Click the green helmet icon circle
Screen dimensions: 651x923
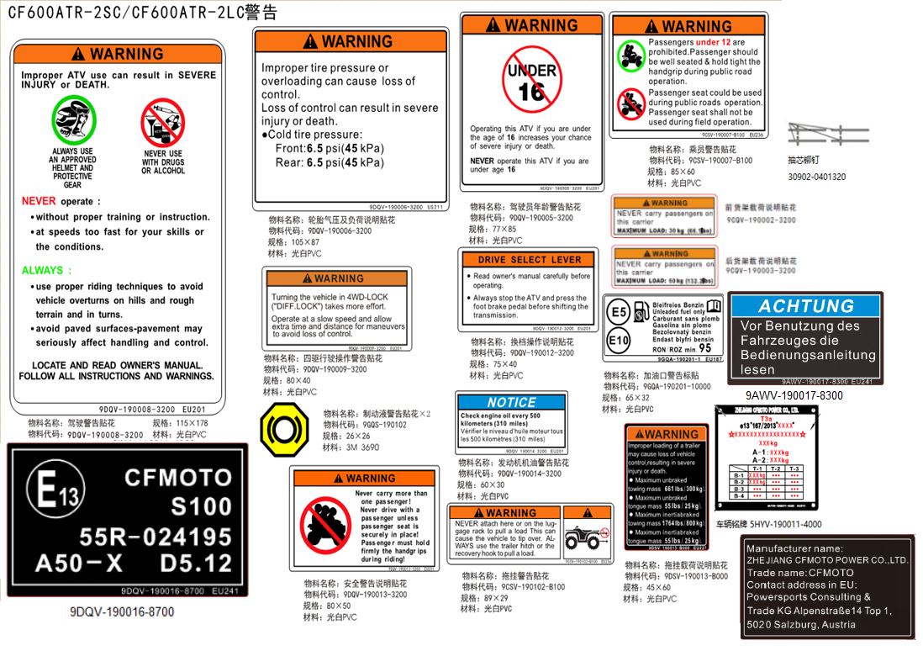coord(74,119)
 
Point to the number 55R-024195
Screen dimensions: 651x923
coord(156,537)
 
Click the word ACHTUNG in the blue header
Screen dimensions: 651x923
coord(805,306)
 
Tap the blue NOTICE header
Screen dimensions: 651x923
coord(511,402)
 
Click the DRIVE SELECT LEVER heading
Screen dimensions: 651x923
coord(529,260)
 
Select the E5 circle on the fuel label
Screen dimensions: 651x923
coord(619,313)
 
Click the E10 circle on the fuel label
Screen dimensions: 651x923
coord(619,341)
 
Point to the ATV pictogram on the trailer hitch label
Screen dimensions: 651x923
coord(586,536)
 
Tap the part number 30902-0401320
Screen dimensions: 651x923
coord(816,177)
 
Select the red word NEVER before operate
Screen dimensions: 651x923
coord(39,201)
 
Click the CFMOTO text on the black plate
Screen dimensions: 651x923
coord(178,477)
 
